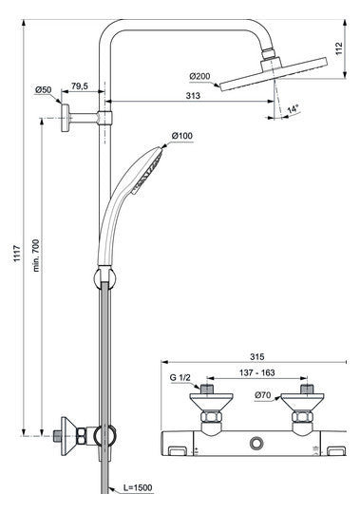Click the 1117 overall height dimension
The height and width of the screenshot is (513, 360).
(17, 253)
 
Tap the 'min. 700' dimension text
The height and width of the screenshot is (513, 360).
(36, 256)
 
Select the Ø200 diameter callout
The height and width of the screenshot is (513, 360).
(199, 76)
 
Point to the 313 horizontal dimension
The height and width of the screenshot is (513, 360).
(193, 96)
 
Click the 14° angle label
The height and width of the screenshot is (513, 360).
(293, 109)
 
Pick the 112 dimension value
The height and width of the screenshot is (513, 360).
(339, 48)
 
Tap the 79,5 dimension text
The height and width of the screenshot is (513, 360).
(80, 86)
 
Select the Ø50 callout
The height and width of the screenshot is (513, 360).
(43, 89)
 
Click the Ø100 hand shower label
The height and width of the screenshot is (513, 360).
(182, 136)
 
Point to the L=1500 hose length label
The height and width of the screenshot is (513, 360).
(138, 487)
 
